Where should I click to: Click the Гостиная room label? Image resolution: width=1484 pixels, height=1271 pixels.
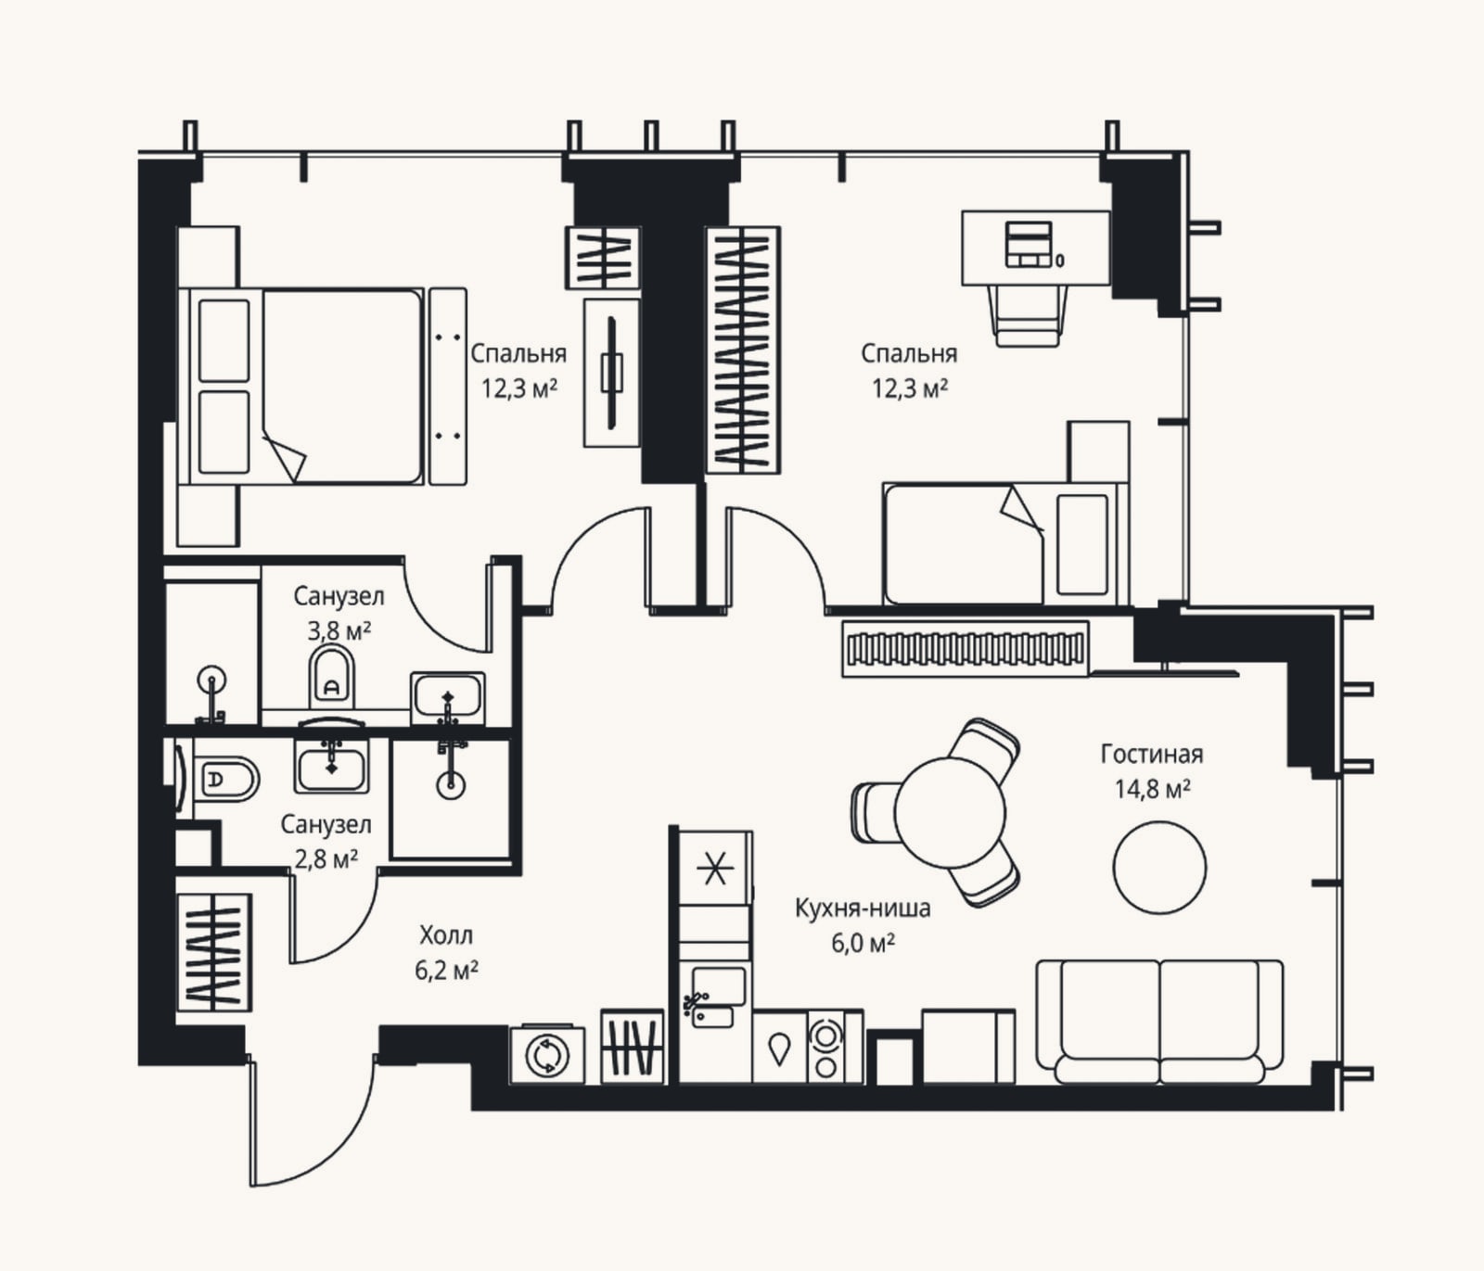(x=1151, y=755)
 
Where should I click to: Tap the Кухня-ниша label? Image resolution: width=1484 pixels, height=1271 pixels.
(x=863, y=909)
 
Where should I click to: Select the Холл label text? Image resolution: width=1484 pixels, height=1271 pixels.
(x=445, y=934)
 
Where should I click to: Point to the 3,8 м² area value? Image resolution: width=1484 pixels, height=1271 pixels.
(x=339, y=631)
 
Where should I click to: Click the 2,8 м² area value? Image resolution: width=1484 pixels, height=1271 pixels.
(x=326, y=859)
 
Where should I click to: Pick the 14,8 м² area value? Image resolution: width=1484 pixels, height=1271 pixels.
(x=1153, y=789)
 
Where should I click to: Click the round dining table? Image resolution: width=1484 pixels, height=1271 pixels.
(x=950, y=812)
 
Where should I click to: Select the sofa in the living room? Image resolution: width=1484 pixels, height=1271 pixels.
(x=1159, y=1022)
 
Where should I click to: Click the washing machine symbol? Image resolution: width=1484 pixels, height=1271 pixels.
(x=547, y=1055)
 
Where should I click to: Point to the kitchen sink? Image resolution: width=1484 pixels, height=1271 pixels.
(x=716, y=998)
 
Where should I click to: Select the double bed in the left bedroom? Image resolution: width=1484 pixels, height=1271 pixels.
(x=306, y=386)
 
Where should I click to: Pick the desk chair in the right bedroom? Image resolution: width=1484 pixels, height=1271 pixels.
(x=1028, y=315)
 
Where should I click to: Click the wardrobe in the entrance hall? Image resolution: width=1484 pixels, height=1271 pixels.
(x=213, y=952)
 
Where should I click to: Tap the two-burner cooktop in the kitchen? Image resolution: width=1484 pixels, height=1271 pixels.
(x=825, y=1047)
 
